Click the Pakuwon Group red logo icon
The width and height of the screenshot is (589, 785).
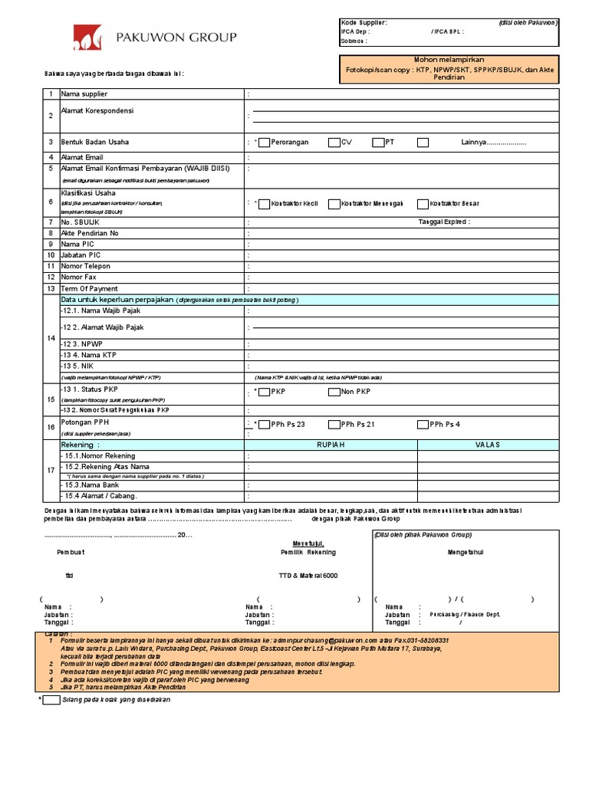[x=87, y=37]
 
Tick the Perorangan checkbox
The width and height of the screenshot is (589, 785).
[x=264, y=142]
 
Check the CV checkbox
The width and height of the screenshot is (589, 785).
[x=334, y=142]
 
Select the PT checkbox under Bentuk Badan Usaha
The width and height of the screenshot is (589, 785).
[x=378, y=142]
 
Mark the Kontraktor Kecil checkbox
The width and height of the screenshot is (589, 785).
[x=265, y=204]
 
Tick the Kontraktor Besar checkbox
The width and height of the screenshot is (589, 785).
[x=423, y=204]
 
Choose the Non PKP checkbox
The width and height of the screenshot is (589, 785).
[x=334, y=392]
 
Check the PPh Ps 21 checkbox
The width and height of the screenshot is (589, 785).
[x=334, y=424]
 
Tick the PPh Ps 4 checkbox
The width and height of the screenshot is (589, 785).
[x=423, y=424]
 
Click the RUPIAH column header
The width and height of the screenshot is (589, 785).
[x=331, y=445]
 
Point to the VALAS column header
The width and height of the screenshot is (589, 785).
[x=488, y=445]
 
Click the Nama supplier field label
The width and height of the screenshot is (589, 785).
[x=84, y=94]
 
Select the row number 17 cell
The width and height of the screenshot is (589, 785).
[x=50, y=470]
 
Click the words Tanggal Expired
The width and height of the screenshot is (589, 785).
[x=444, y=222]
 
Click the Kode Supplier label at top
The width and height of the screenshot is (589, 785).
[x=364, y=23]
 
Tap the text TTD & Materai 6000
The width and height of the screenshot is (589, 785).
[x=308, y=575]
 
